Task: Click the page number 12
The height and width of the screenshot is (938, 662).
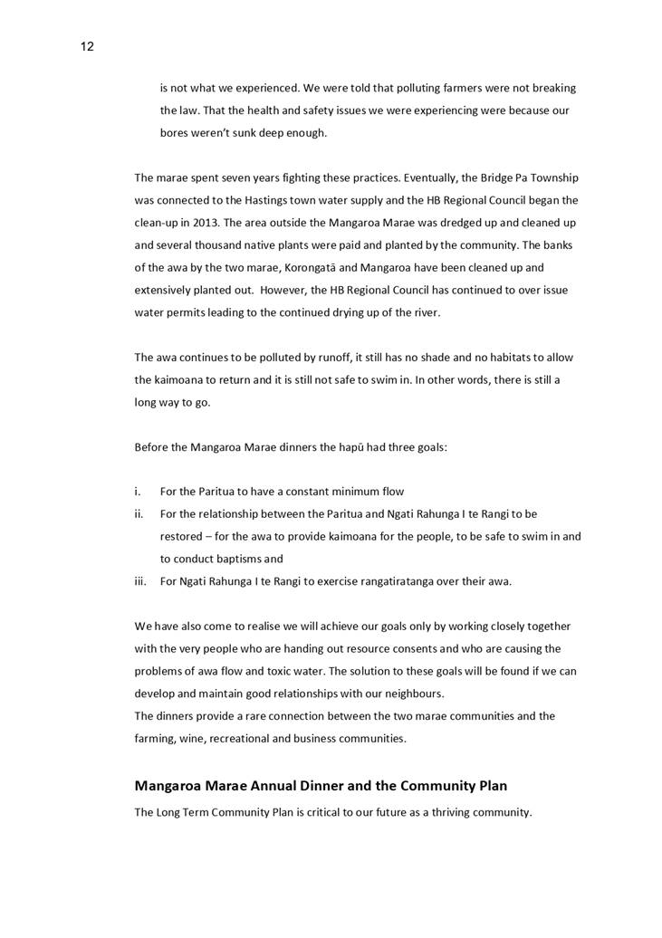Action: tap(87, 47)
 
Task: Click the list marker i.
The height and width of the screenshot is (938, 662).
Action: tap(138, 492)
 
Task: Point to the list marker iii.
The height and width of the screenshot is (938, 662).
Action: tap(140, 581)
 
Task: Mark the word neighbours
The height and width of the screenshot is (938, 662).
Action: tap(410, 694)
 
